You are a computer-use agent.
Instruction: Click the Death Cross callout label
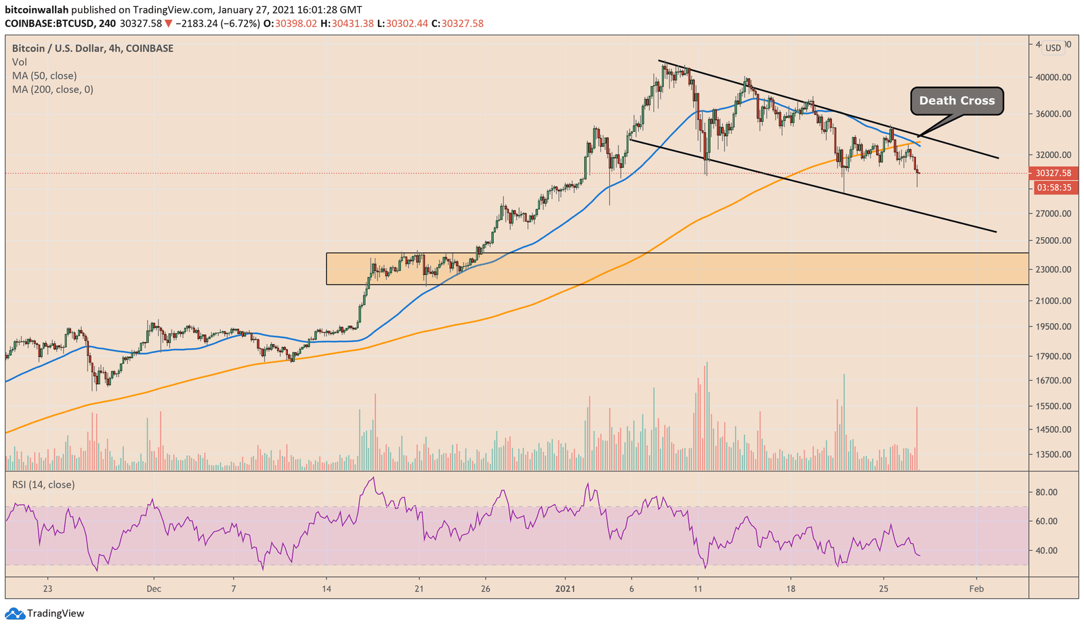coord(957,101)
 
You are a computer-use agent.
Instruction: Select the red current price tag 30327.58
coord(1053,173)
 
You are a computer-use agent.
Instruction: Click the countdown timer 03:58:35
coord(1053,188)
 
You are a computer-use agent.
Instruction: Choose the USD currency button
coord(1053,48)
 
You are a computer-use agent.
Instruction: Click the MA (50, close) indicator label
coord(44,76)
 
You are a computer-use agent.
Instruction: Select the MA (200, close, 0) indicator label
coord(52,89)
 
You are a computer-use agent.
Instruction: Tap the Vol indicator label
coord(20,62)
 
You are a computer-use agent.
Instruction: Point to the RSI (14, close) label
coord(43,485)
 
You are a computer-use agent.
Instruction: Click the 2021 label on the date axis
coord(565,589)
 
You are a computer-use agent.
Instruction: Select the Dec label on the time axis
coord(154,589)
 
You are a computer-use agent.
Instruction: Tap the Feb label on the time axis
coord(976,589)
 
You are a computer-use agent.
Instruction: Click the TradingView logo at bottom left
coord(45,614)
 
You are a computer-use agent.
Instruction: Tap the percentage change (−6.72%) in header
coord(241,24)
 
